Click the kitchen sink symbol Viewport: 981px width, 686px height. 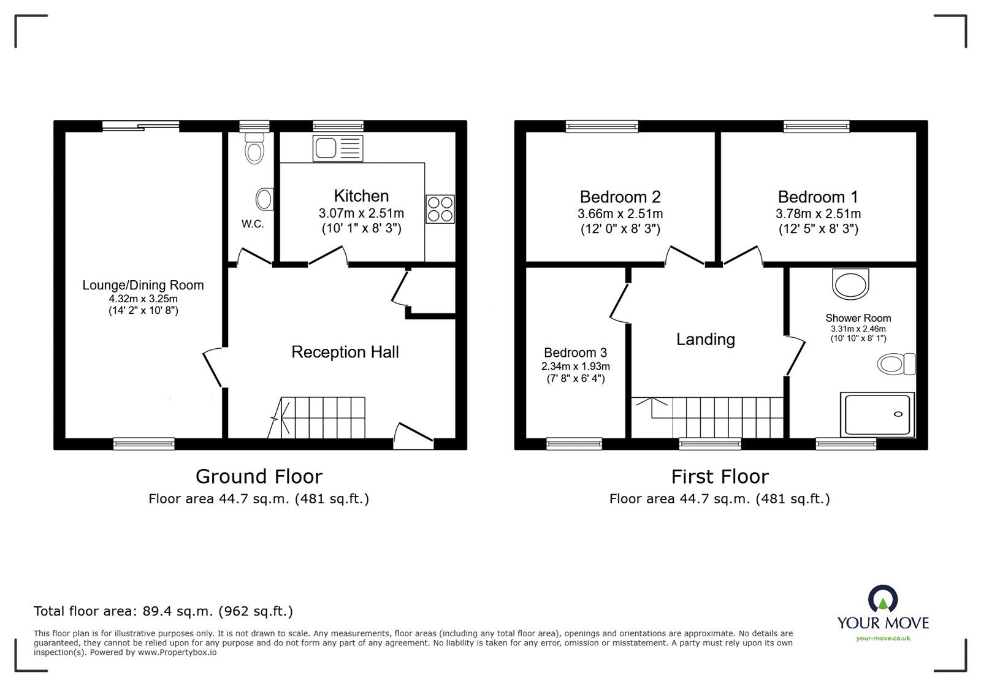338,148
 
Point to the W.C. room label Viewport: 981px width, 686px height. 253,224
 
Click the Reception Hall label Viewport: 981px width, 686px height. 345,352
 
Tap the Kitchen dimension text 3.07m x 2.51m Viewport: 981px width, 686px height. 361,214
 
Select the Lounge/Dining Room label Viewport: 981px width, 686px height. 143,285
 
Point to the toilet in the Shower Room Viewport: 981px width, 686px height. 896,364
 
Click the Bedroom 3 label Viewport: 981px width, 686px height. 575,353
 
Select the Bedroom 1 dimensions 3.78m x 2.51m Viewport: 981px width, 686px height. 818,214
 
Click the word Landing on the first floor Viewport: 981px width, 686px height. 705,339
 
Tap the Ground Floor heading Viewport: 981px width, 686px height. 259,476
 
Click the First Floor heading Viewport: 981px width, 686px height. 719,476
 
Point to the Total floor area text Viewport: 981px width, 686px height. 163,611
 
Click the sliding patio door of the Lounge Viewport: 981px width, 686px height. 141,126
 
